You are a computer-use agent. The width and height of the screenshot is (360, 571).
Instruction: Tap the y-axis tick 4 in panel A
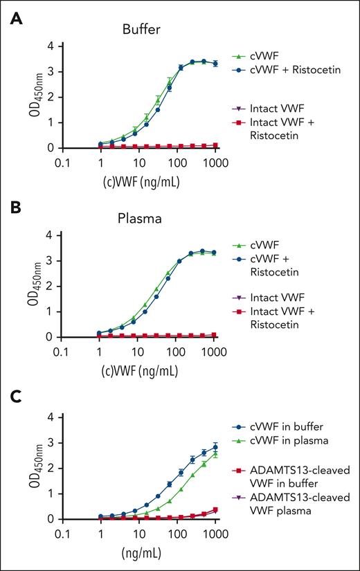48,46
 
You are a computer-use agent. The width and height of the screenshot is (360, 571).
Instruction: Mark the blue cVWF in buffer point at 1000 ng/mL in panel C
216,447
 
